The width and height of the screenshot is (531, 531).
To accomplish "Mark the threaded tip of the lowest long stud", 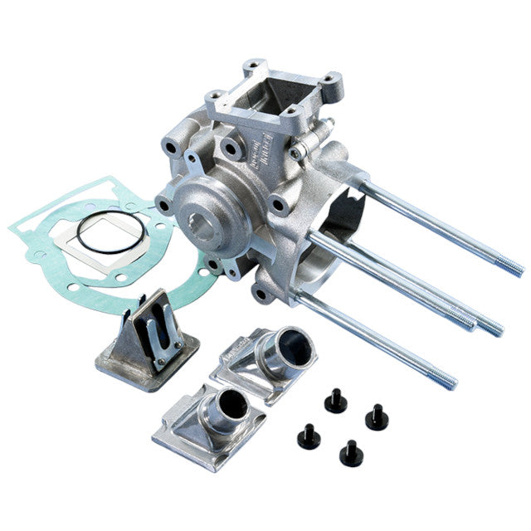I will (448, 382).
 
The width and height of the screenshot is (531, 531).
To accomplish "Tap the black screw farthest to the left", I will (309, 437).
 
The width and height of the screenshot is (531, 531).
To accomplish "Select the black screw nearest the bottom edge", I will (349, 453).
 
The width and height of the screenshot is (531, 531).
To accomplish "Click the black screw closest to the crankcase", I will (335, 402).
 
